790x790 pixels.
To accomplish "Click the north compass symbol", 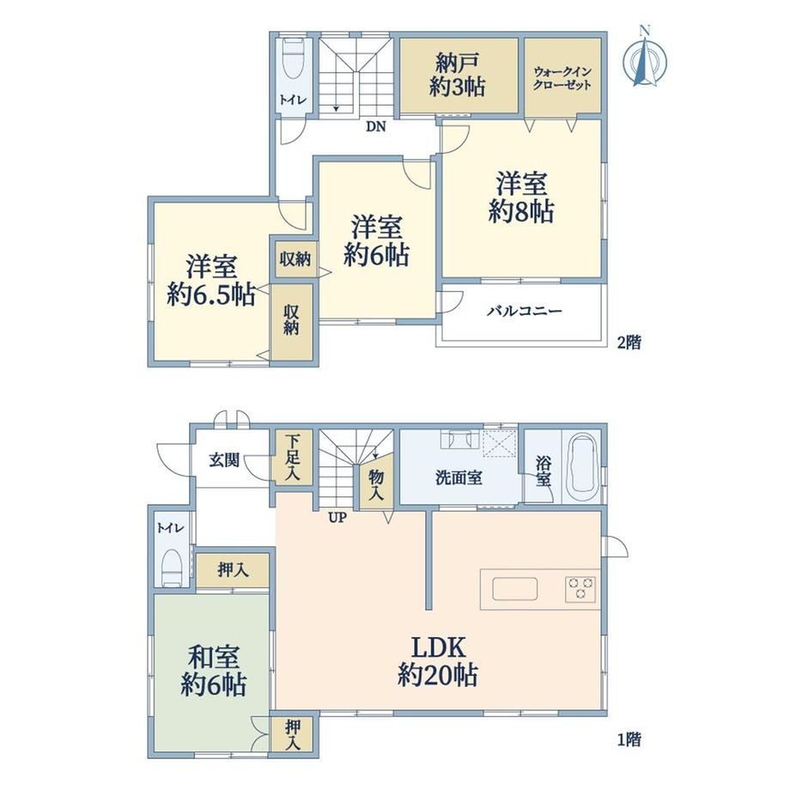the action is point(645,57).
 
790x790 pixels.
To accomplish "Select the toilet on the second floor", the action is point(293,59).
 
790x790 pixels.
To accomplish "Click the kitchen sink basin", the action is point(515,589).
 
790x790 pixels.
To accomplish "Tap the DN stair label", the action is point(375,127).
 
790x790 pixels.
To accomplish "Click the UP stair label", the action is point(337,518).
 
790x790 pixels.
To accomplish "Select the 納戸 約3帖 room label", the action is point(458,76).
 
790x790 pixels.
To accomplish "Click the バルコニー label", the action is point(524,311).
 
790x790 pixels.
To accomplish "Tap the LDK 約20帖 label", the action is point(438,661).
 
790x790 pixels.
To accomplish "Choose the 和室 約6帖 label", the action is point(214,671).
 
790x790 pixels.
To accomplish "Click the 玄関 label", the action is point(224,460).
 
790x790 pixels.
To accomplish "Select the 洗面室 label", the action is point(459,477).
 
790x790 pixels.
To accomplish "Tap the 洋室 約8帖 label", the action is point(521,197).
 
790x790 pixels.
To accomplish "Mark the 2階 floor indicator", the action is point(629,343).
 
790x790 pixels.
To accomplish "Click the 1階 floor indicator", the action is point(629,740).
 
